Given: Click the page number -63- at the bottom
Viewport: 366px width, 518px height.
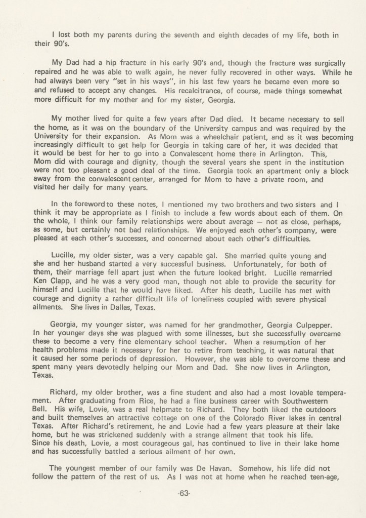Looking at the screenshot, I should [x=183, y=495].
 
